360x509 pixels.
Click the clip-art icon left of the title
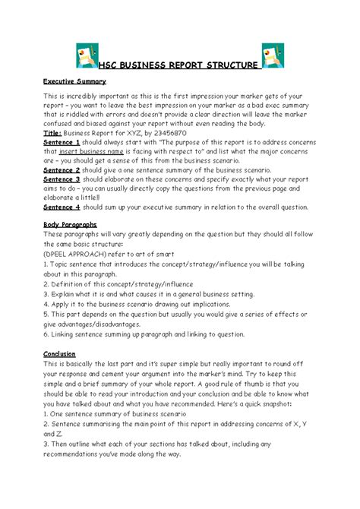[x=89, y=57]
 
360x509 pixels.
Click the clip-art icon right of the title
[x=270, y=57]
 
